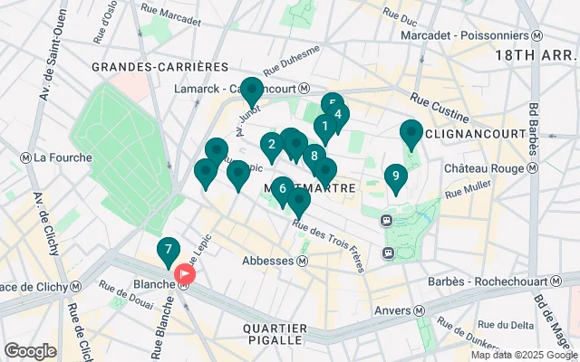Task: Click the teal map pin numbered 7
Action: coord(168,251)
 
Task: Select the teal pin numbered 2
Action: coord(272,145)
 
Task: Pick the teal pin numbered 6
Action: coord(283,189)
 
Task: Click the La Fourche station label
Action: coord(58,157)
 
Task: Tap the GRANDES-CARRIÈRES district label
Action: coord(160,67)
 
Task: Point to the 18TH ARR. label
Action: coord(534,54)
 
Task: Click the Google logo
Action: coord(30,350)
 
